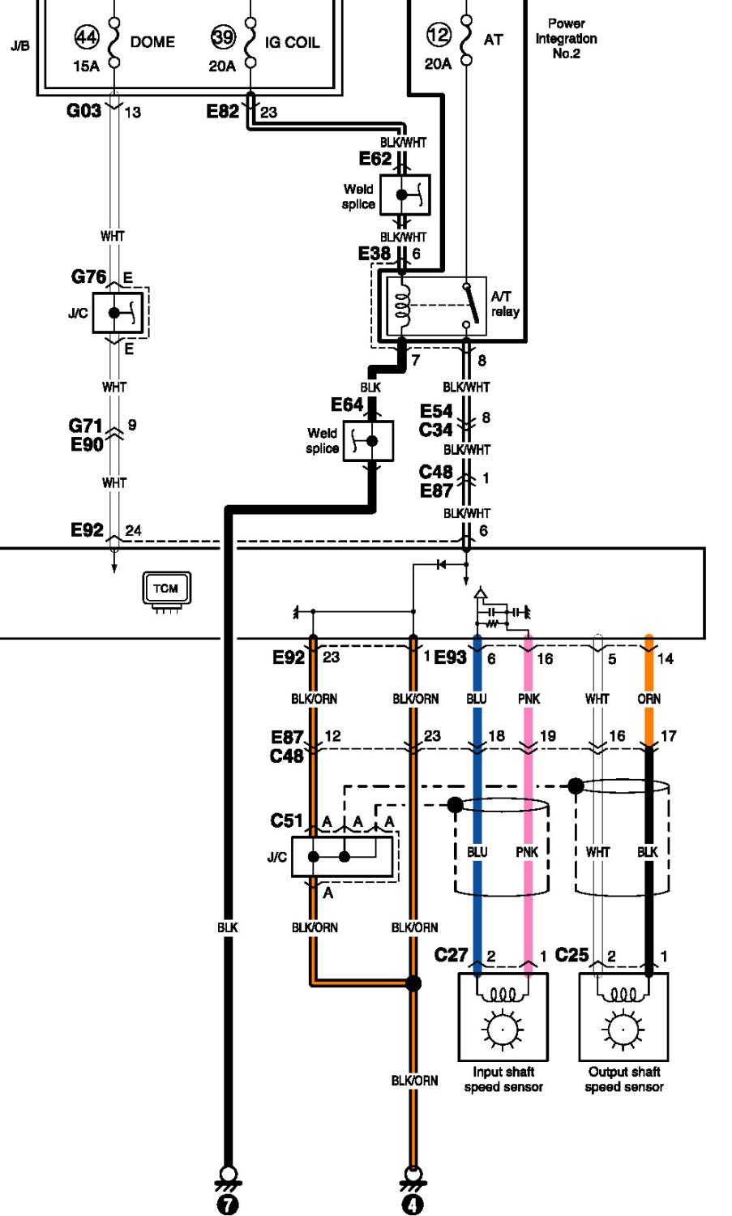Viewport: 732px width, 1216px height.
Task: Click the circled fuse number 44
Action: tap(87, 37)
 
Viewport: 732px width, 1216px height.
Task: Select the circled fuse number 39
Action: tap(223, 37)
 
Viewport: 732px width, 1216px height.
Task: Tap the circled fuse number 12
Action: tap(439, 35)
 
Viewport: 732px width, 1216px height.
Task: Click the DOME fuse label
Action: tap(152, 42)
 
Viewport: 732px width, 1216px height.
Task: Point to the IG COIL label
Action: tap(292, 42)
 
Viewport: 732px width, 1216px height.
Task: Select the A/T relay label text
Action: tap(505, 304)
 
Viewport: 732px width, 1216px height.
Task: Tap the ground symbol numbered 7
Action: tap(228, 1192)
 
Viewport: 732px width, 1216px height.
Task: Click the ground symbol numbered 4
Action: tap(413, 1192)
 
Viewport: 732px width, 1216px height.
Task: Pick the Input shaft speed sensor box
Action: tap(503, 1017)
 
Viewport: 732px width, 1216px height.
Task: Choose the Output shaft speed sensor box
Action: tap(623, 1017)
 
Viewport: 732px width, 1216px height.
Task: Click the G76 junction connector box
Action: tap(118, 313)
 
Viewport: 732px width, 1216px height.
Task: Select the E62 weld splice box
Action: tap(405, 195)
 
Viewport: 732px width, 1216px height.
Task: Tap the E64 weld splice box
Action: tap(369, 441)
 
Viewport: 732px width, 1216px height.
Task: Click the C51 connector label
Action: tap(286, 820)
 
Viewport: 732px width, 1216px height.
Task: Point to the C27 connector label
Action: tap(451, 954)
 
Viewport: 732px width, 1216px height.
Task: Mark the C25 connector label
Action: tap(571, 954)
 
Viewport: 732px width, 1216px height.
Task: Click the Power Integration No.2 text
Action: tap(567, 39)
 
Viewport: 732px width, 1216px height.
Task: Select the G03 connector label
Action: tap(83, 111)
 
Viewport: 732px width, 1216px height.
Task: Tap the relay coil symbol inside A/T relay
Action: tap(402, 305)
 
